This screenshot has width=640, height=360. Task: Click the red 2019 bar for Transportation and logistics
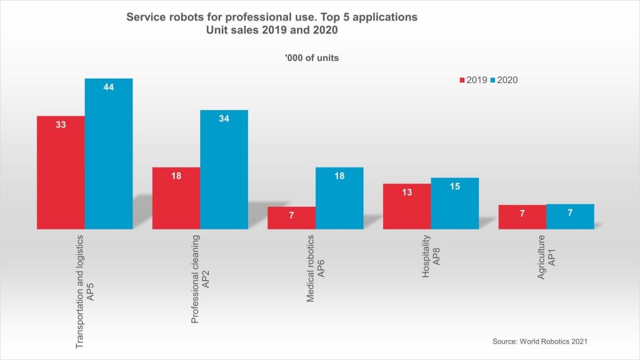[61, 172]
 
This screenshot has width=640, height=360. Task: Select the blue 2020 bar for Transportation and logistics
[109, 154]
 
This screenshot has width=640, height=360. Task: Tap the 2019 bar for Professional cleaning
[176, 198]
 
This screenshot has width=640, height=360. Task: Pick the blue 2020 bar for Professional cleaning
[224, 169]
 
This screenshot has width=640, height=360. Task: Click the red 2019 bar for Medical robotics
[291, 217]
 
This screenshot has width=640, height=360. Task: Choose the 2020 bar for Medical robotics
[339, 198]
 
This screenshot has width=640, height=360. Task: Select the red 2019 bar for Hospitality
[407, 206]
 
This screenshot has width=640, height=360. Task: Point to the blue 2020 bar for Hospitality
[455, 203]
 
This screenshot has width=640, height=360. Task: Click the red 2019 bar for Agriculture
[522, 217]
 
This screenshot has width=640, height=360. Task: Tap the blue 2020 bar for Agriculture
[570, 216]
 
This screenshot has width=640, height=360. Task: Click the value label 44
[109, 87]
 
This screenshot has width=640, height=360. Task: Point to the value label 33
[61, 124]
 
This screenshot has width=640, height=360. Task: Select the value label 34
[224, 119]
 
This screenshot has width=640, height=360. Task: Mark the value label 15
[455, 187]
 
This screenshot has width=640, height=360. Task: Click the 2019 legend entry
[473, 80]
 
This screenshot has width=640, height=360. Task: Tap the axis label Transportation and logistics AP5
[84, 291]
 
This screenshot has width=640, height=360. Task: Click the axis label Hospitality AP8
[431, 257]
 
